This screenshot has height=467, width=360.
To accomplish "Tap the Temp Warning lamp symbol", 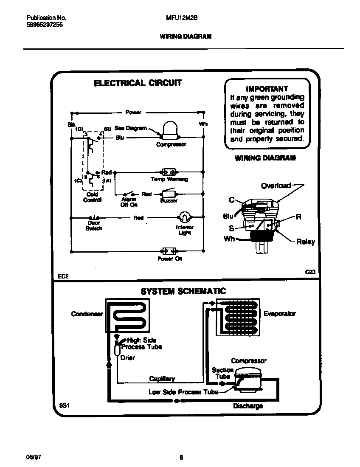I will pyautogui.click(x=169, y=172).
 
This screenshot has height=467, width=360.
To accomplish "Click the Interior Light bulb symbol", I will pyautogui.click(x=184, y=217).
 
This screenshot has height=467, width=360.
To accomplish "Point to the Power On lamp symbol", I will pyautogui.click(x=169, y=251).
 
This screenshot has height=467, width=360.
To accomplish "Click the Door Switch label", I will pyautogui.click(x=94, y=225).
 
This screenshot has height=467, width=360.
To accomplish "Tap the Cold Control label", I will pyautogui.click(x=92, y=197).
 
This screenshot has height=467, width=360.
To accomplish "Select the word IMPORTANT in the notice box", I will pyautogui.click(x=267, y=89).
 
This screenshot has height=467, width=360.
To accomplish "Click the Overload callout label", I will pyautogui.click(x=276, y=186).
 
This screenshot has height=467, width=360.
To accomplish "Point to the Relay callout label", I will pyautogui.click(x=306, y=242).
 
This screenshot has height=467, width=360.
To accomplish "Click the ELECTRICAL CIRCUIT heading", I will pyautogui.click(x=138, y=83).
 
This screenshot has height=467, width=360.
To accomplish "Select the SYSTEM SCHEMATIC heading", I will pyautogui.click(x=183, y=291).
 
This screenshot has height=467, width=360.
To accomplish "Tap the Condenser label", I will pyautogui.click(x=87, y=314).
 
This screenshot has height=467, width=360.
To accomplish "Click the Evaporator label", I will pyautogui.click(x=279, y=314).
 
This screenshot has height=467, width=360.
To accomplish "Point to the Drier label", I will pyautogui.click(x=127, y=357).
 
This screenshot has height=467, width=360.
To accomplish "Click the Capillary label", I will pyautogui.click(x=162, y=379).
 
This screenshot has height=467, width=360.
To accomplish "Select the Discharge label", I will pyautogui.click(x=248, y=406).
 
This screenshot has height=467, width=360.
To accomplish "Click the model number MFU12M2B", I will pyautogui.click(x=180, y=18).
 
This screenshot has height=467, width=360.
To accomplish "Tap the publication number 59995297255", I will pyautogui.click(x=45, y=25).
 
